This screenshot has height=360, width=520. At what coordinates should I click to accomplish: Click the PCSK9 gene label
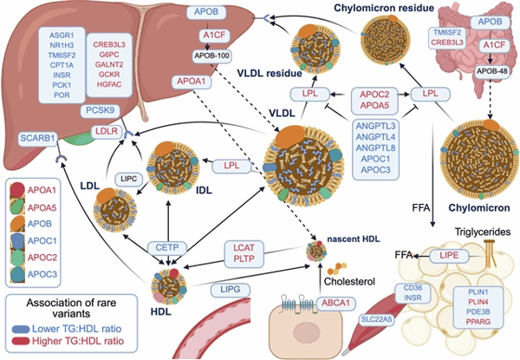100,110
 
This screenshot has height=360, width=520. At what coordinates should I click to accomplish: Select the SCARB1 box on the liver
37,138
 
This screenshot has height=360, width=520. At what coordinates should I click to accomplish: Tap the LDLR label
107,131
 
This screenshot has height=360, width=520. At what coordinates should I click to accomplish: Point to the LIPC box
129,180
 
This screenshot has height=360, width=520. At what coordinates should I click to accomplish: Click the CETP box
167,247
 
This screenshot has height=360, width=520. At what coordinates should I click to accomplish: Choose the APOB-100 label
212,56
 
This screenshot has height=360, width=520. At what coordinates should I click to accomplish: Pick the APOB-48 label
491,71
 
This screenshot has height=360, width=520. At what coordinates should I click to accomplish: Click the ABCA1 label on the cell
336,303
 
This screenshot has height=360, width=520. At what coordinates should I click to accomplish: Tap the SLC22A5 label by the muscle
377,319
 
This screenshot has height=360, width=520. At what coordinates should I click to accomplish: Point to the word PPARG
478,322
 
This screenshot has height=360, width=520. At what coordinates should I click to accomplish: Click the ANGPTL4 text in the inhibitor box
376,137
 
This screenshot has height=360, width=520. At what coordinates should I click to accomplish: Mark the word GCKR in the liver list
109,75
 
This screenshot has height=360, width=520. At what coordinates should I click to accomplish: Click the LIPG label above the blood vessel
231,290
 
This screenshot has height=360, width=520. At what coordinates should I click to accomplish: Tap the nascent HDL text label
354,239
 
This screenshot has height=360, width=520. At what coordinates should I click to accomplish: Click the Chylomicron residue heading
384,8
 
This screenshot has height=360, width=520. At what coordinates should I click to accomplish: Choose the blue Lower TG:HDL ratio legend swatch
21,329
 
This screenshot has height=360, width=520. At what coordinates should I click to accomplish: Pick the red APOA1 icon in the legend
17,189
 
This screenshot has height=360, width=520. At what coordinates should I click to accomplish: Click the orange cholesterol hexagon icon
338,268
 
